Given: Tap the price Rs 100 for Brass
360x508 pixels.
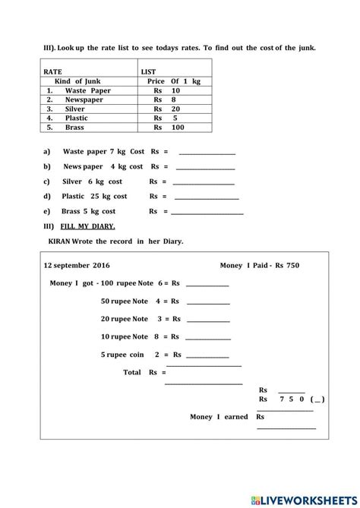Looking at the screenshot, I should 169,128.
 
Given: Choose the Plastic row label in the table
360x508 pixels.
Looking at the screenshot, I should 76,118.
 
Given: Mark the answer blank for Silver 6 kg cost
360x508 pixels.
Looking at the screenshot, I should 204,182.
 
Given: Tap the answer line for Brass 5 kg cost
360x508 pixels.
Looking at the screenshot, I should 209,212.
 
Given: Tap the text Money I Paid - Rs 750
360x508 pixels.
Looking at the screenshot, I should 260,266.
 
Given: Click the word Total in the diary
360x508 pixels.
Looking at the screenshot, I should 133,372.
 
